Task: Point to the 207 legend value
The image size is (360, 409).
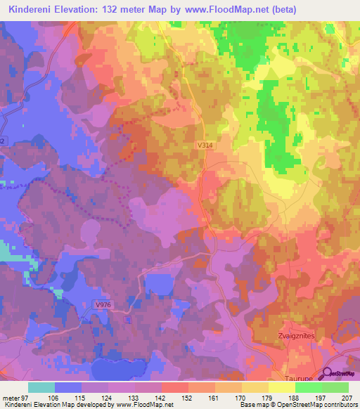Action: click(347, 397)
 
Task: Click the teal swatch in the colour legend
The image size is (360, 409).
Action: click(41, 387)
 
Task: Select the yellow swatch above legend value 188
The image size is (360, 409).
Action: click(281, 387)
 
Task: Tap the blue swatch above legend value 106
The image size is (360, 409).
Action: click(68, 387)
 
